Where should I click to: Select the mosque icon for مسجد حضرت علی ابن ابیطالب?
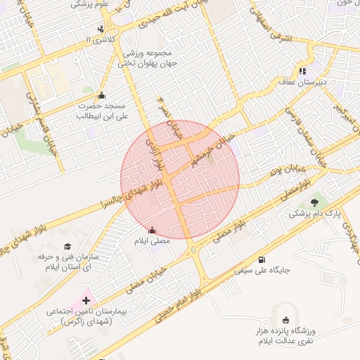point(101,96)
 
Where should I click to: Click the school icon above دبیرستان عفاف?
point(302,70)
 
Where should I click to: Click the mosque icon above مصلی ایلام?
point(153,230)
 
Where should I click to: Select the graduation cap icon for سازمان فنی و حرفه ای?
point(67,246)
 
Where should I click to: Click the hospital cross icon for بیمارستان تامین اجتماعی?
point(86,300)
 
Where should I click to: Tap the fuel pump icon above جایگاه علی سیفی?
point(262,259)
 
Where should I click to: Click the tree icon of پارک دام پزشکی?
point(314,202)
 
